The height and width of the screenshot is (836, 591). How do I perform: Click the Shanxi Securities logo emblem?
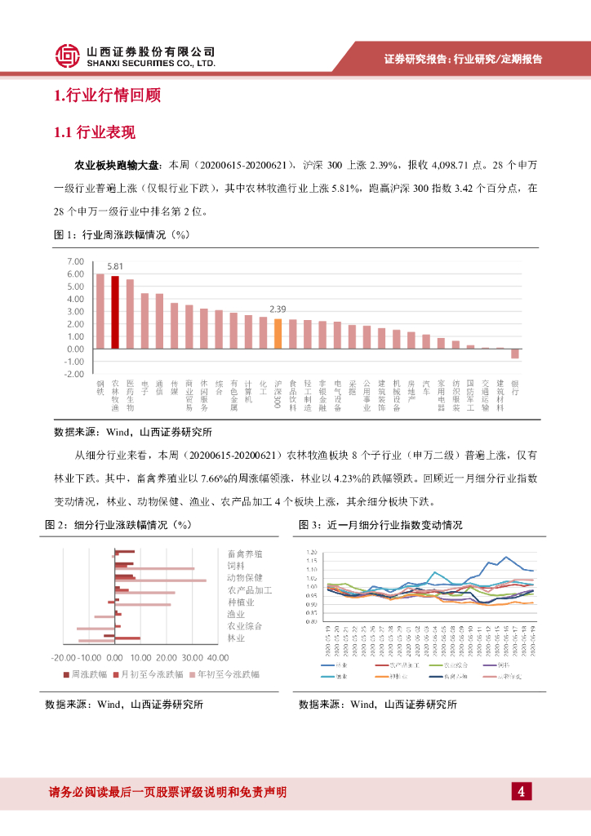tap(68, 56)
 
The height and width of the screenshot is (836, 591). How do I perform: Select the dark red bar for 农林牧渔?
tap(115, 312)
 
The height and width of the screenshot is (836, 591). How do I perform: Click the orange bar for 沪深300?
tap(278, 333)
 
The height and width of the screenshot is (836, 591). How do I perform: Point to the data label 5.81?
tap(115, 266)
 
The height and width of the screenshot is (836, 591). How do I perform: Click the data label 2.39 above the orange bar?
tap(278, 309)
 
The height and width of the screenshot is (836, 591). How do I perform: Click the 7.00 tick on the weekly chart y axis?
tap(76, 261)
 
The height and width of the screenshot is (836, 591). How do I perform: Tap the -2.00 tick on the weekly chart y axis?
tap(74, 374)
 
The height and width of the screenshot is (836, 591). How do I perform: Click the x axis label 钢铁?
tap(100, 387)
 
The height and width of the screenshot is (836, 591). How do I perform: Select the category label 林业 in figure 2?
tap(236, 637)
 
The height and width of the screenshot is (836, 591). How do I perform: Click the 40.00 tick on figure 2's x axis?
tap(218, 657)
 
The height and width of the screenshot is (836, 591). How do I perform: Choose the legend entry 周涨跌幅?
tap(91, 674)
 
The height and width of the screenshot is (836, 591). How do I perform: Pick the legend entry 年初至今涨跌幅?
tap(225, 674)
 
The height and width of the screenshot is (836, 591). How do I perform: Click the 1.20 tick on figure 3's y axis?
tap(311, 553)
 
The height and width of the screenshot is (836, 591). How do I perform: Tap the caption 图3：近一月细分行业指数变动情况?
tap(380, 524)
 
